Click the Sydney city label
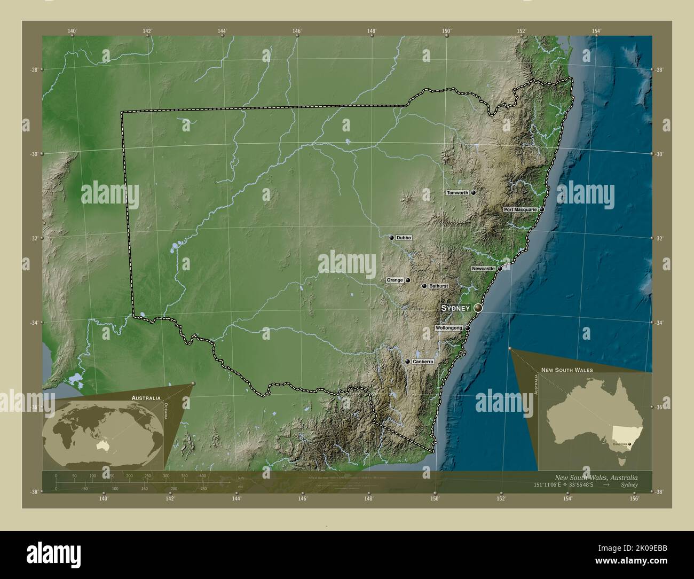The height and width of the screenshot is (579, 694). point(455,308)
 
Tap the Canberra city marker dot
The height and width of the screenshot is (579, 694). point(408,362)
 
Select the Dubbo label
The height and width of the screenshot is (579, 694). point(404,237)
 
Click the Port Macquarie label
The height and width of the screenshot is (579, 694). point(520,210)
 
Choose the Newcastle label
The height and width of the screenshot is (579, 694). point(483,268)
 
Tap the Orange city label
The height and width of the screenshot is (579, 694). point(395,280)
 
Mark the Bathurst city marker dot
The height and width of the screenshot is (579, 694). point(424,286)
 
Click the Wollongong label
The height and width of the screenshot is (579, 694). point(448,328)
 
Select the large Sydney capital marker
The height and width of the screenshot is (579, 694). point(478,308)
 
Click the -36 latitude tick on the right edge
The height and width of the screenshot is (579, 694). point(659,407)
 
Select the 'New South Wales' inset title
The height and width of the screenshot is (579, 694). point(566,370)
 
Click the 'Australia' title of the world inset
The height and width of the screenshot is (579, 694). point(146,398)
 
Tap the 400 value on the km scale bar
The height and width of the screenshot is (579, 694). point(202,475)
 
